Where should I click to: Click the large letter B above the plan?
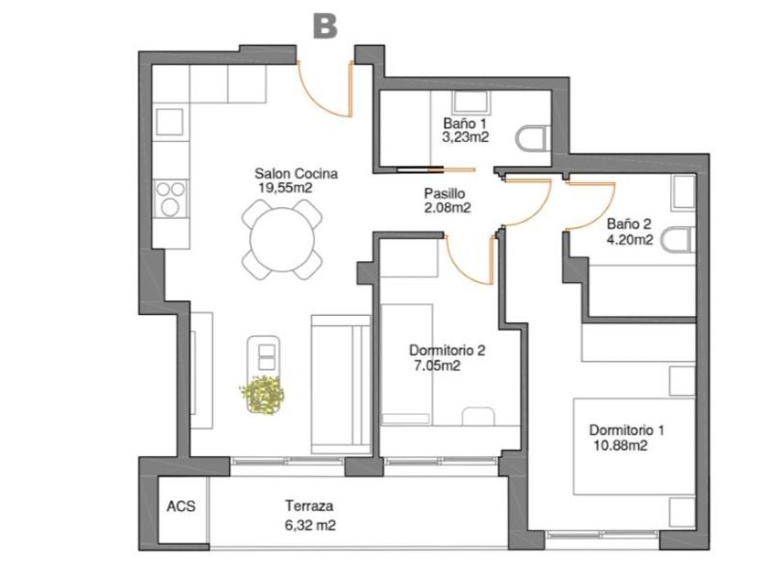pos(325,26)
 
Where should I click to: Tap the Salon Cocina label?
pos(296,173)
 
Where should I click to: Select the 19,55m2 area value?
pos(286,188)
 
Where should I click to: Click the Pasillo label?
pos(444,193)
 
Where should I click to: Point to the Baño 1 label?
pos(465,123)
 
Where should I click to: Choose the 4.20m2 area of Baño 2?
pos(630,239)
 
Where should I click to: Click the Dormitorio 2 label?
pos(447,350)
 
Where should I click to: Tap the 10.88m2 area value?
pos(621,445)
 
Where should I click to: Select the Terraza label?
pos(309,506)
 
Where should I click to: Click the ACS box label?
pos(181,506)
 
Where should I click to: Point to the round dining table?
pos(282,239)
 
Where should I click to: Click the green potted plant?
pos(262,394)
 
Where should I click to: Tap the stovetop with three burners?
pos(170,200)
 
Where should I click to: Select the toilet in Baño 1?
pos(533,138)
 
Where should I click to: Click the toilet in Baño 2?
pos(677,240)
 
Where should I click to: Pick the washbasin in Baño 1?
pos(471,103)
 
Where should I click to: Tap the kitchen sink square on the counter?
pos(169,122)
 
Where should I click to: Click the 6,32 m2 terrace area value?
pos(310,526)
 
